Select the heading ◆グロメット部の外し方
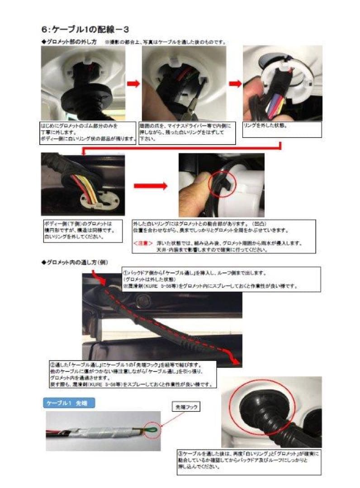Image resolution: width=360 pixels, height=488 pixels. [x=69, y=42]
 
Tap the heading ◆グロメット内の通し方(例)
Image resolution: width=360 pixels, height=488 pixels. [x=75, y=262]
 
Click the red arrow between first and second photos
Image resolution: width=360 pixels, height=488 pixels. [x=133, y=84]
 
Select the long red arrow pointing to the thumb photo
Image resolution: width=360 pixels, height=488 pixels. [x=150, y=185]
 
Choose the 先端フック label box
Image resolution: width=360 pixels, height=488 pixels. [x=187, y=407]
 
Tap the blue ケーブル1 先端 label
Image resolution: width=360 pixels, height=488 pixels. [x=69, y=403]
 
